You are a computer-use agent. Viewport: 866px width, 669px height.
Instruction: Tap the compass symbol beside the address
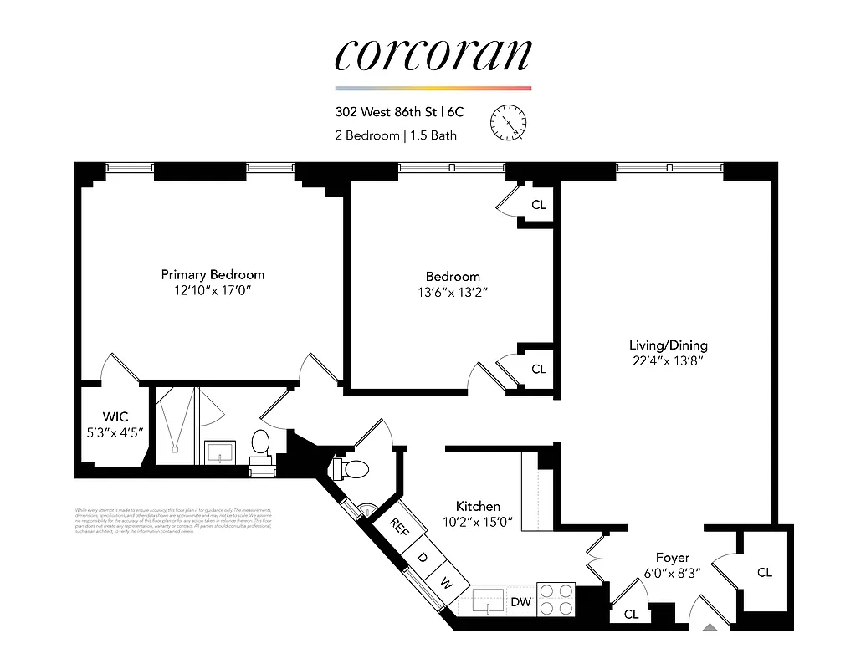coord(508,123)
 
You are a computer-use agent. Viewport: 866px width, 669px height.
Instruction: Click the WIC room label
coord(115,416)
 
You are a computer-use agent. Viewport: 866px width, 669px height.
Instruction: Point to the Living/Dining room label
coord(668,345)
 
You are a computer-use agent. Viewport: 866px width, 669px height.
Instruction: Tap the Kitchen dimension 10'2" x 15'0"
coord(478,523)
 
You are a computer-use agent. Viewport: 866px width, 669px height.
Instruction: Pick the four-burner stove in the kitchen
coord(556,600)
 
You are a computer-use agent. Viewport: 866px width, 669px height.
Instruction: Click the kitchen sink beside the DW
coord(488,600)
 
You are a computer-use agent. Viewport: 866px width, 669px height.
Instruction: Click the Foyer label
coord(672,558)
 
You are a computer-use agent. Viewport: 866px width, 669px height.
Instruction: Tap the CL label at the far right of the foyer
coord(764,573)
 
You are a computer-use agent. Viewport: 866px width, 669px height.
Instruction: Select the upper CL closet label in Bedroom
coord(538,205)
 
